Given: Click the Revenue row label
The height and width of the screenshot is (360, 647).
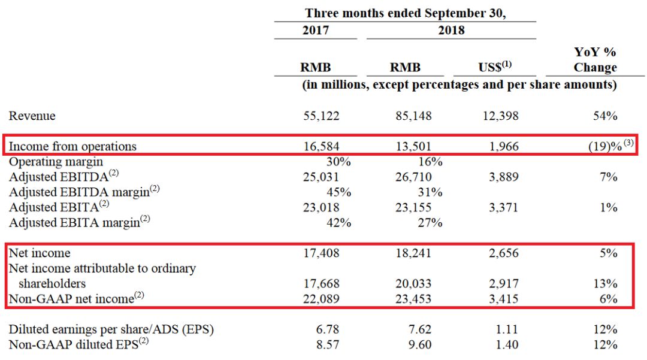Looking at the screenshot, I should (x=32, y=116).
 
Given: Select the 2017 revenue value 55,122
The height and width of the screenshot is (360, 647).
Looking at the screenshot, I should (x=322, y=116).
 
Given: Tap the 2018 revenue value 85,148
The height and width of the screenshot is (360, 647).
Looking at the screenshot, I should (x=413, y=116).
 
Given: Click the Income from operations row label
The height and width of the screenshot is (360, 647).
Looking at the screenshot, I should (x=72, y=146).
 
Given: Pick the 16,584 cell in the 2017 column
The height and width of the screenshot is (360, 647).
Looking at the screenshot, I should (x=322, y=146).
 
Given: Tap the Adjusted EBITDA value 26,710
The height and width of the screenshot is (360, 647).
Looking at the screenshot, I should (x=413, y=177).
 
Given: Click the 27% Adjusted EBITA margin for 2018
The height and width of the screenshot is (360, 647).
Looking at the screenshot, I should (x=430, y=223).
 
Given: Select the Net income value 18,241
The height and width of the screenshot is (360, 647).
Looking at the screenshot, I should (x=413, y=253).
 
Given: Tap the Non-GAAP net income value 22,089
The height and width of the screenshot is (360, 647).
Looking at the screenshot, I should (x=322, y=298).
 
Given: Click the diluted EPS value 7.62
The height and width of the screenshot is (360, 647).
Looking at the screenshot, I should (x=419, y=329).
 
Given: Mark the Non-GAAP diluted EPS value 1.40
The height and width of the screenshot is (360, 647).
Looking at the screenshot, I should (x=507, y=345).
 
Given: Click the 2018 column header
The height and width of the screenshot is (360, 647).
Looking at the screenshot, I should (x=451, y=30).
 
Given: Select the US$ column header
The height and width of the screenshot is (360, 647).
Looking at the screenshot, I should (x=495, y=67).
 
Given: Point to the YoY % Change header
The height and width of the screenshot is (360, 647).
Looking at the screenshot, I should (x=595, y=60).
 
